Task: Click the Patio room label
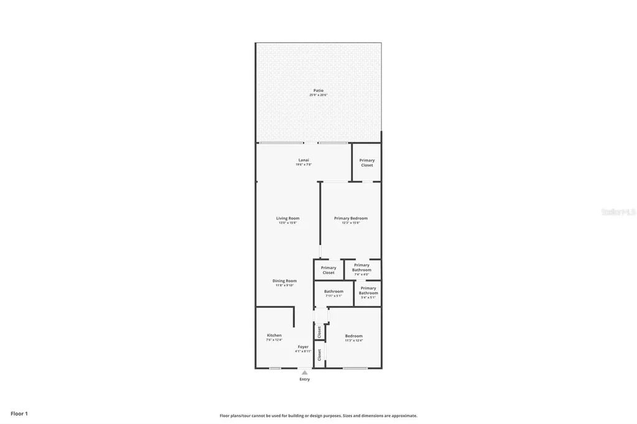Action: pos(318,90)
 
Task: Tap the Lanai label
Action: pos(304,160)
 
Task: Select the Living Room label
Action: pos(288,218)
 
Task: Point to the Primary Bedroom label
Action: pos(350,218)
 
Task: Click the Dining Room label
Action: pos(284,281)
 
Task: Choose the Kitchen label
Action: pos(274,335)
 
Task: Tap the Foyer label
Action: pos(303,347)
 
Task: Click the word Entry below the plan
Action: pos(304,379)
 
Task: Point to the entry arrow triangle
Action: pos(304,372)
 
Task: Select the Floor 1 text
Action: pos(19,413)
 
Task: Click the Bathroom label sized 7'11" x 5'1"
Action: pos(333,292)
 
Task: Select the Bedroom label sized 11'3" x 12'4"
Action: pos(354,336)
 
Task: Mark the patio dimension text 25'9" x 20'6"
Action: pos(318,95)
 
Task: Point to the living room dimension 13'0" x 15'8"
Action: pos(288,223)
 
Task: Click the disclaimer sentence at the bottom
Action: pos(318,416)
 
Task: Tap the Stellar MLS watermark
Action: pos(618,212)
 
